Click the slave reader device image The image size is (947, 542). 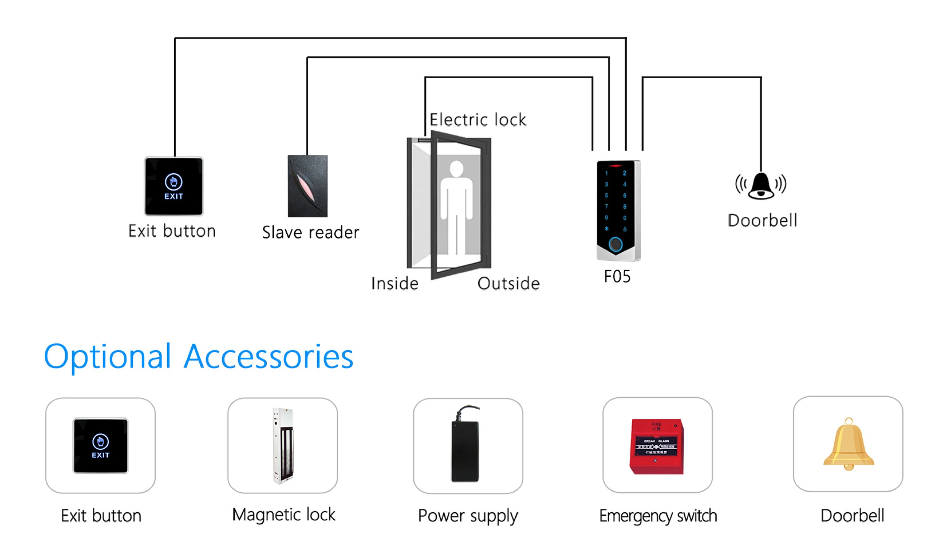coord(307,186)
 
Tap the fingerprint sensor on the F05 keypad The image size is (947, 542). coord(615,244)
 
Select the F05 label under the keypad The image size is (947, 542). coord(617,276)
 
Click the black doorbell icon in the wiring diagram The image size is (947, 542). coord(761,186)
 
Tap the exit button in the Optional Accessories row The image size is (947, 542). coord(100,445)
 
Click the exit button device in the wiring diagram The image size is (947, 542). coord(174,186)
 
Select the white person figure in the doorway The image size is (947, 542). coord(457,206)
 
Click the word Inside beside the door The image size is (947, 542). coord(395,284)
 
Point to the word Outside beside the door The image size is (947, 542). coord(508,284)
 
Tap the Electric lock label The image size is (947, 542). coord(478,120)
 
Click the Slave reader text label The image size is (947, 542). coord(311,232)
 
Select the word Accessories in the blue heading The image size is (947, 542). coord(268,356)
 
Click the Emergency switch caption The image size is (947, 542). coord(658,516)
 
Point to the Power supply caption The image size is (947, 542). coord(468,516)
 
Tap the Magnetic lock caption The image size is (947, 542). coord(284,515)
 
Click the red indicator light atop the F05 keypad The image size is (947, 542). coord(615,166)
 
